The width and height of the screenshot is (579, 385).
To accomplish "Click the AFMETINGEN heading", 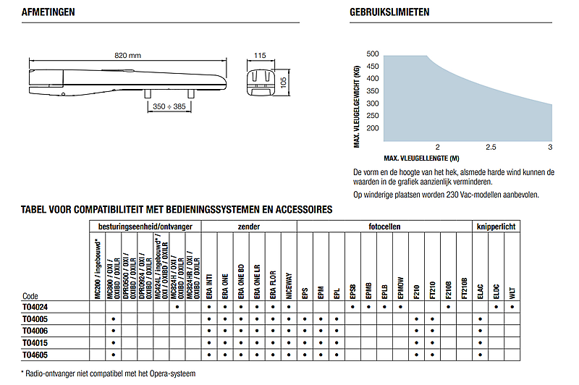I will (48, 12).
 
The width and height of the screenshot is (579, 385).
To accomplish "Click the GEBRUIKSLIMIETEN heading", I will (389, 12).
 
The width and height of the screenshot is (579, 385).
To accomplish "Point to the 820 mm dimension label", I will (128, 56).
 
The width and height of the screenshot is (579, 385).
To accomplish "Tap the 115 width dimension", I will (261, 56).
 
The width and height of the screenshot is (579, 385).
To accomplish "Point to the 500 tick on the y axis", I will (372, 54).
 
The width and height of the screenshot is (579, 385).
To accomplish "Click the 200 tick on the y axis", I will (372, 128).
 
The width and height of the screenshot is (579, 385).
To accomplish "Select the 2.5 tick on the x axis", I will (490, 148).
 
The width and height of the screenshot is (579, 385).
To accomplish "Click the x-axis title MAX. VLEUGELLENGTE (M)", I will (421, 158).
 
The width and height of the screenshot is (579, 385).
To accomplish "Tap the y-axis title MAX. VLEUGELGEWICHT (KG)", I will (357, 106).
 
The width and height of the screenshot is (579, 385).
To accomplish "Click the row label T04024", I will (35, 308).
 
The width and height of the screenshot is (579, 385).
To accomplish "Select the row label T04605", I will (35, 355).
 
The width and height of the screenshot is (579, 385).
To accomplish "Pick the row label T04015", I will (35, 343).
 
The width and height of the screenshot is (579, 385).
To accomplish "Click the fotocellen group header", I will (384, 227).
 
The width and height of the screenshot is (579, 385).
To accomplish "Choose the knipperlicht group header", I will (496, 227).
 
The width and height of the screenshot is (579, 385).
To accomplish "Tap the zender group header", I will (249, 227).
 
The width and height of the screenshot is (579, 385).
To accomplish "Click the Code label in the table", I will (30, 296).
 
